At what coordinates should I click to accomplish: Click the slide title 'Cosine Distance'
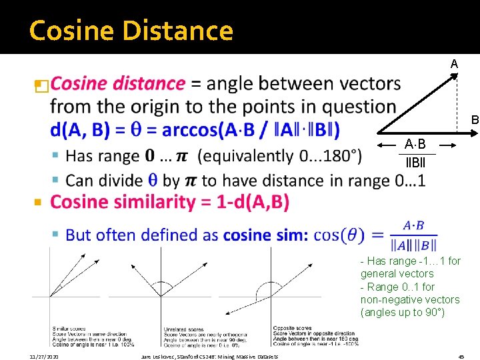[131, 31]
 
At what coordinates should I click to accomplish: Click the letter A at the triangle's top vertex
[454, 64]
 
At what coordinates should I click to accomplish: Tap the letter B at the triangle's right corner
[475, 120]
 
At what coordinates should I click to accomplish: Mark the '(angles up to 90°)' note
[402, 312]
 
